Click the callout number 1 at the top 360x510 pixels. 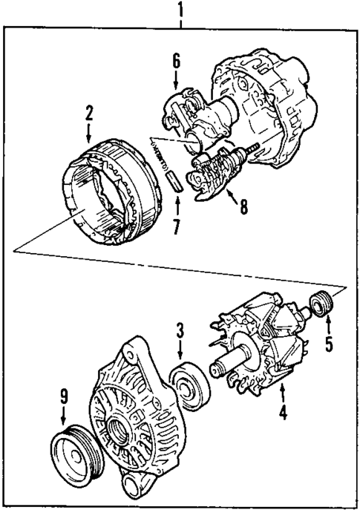point(180,10)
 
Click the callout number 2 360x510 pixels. point(89,114)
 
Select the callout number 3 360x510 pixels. point(180,327)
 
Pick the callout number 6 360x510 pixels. point(177,60)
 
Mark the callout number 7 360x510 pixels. point(177,226)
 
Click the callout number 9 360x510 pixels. point(63,405)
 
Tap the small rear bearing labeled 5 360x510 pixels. point(321,305)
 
